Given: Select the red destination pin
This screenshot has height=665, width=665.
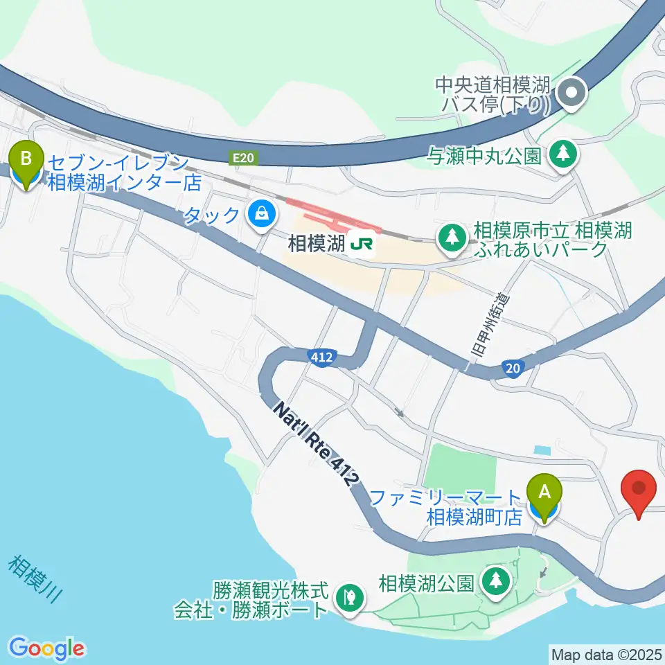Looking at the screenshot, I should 639,491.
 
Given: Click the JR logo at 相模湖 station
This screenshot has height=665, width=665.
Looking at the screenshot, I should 360,244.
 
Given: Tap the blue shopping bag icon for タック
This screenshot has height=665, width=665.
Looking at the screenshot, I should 260,214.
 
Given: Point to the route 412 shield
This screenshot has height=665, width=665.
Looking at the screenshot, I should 322,357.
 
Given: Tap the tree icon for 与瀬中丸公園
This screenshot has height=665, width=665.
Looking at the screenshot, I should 562,154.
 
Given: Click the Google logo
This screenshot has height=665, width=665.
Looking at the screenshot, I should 46,648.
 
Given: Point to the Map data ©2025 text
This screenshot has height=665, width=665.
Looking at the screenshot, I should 607,653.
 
